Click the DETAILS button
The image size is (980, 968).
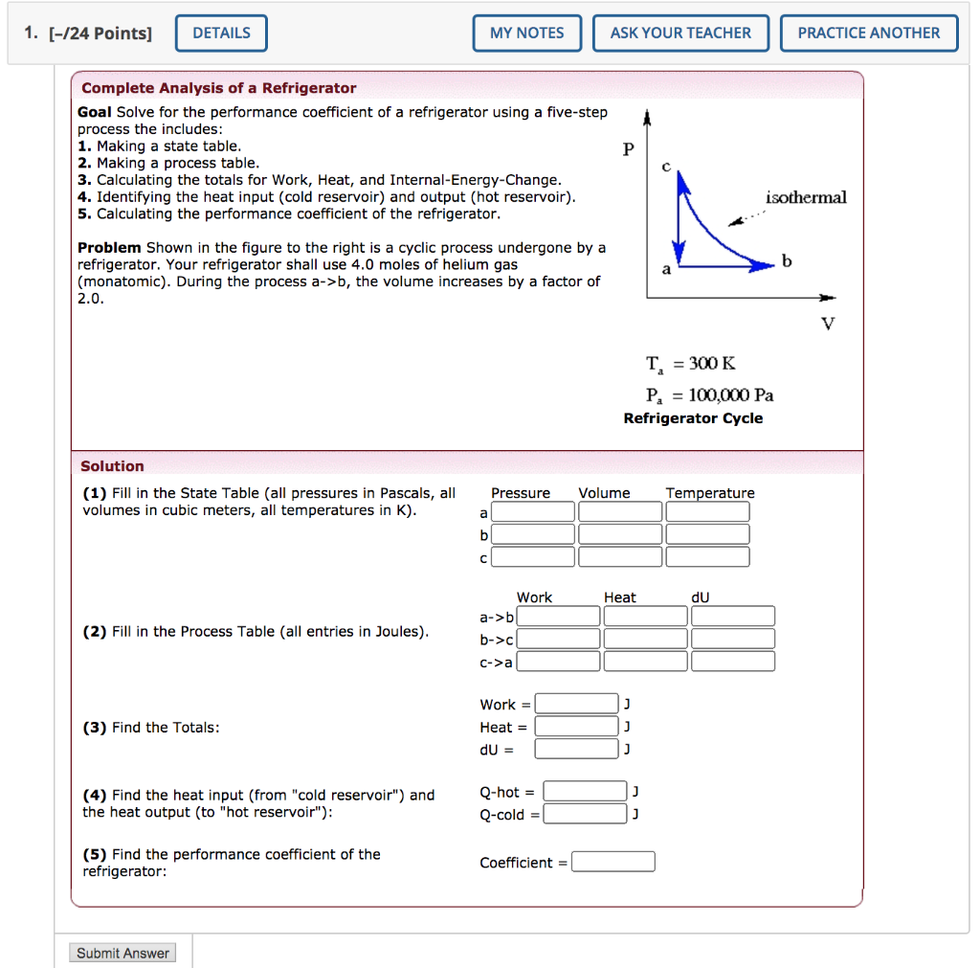[x=221, y=34]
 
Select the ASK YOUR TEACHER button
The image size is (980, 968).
[x=680, y=34]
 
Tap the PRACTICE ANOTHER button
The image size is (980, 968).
[x=868, y=34]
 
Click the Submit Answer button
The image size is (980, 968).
[x=122, y=953]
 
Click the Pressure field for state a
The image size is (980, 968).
[x=533, y=512]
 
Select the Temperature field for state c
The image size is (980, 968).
[x=707, y=557]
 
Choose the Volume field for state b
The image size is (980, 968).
[x=620, y=534]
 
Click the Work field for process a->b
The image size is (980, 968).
[x=559, y=616]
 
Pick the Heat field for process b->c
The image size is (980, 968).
[x=646, y=639]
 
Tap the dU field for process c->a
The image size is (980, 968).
[x=733, y=662]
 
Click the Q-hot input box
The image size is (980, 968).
[x=586, y=792]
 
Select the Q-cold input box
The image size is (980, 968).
[x=586, y=815]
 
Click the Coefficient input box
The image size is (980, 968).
[x=613, y=862]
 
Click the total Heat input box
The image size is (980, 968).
[x=576, y=727]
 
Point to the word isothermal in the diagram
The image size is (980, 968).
[x=806, y=197]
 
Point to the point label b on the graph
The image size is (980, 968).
[x=787, y=261]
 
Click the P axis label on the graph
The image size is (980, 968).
[x=628, y=148]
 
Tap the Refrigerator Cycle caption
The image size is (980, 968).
[x=693, y=418]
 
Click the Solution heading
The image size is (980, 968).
[x=112, y=466]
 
